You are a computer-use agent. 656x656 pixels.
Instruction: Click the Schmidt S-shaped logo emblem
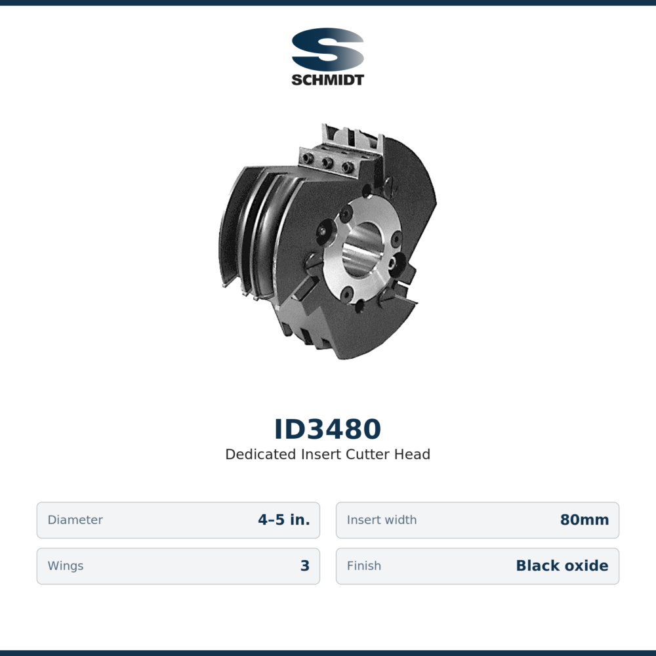click(327, 49)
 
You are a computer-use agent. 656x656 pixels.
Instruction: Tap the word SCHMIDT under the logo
click(327, 79)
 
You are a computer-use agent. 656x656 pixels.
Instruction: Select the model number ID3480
click(327, 429)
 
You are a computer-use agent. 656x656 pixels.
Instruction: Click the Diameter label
click(75, 520)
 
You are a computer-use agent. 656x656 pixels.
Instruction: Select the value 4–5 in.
click(284, 520)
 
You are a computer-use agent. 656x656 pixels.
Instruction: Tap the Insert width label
click(382, 520)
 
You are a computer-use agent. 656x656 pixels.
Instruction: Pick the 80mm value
click(584, 520)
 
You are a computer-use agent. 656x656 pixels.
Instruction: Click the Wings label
click(65, 565)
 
